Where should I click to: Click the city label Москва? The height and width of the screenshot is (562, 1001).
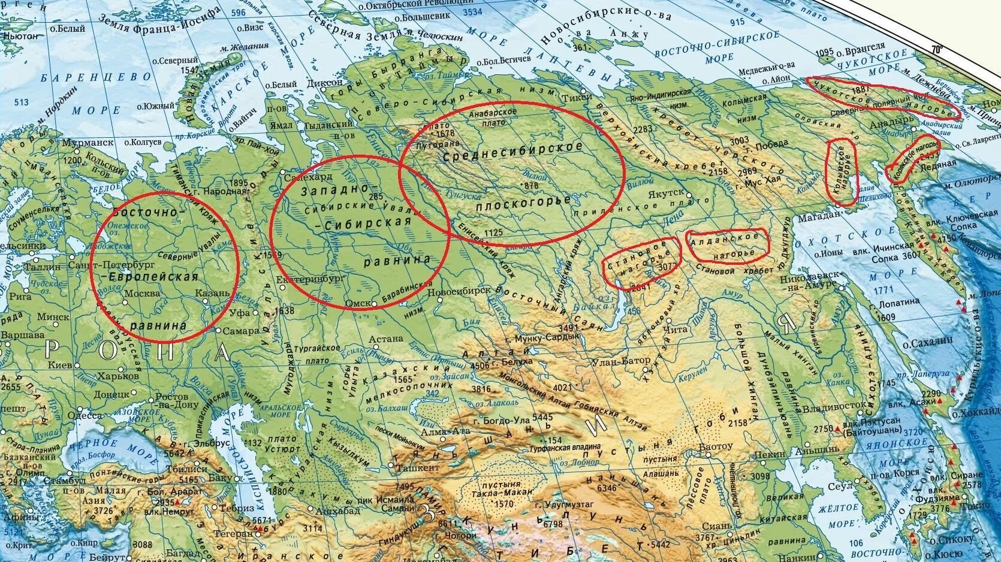[142, 294]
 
